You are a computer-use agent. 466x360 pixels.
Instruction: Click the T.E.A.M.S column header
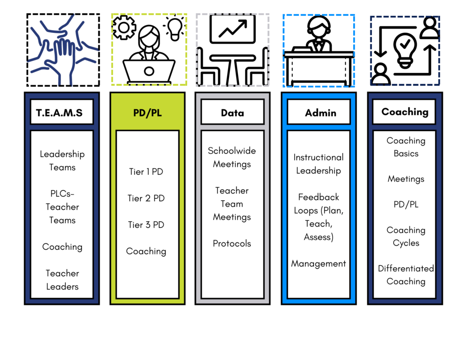(x=61, y=112)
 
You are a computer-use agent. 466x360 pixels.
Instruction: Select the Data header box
(x=232, y=112)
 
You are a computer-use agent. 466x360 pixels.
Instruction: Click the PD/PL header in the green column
(x=147, y=112)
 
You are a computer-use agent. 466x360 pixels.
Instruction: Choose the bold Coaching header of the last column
(x=405, y=112)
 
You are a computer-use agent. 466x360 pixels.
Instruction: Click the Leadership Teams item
(x=62, y=161)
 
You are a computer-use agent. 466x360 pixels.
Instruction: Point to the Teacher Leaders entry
(x=62, y=280)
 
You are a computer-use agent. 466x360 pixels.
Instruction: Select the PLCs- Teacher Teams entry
(x=62, y=207)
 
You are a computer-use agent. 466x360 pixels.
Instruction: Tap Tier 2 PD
(x=146, y=198)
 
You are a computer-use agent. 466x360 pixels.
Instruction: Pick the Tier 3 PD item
(x=146, y=225)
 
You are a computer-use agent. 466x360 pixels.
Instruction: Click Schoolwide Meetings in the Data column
(x=232, y=157)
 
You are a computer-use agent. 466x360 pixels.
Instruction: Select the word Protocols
(x=232, y=243)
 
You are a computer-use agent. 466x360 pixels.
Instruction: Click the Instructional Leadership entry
(x=318, y=164)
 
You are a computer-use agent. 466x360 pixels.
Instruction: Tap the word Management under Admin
(x=318, y=264)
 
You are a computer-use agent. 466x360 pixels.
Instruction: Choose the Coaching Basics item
(x=405, y=147)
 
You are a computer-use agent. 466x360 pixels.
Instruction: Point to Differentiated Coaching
(x=405, y=275)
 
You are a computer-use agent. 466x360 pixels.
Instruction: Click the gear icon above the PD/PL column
(x=124, y=27)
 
